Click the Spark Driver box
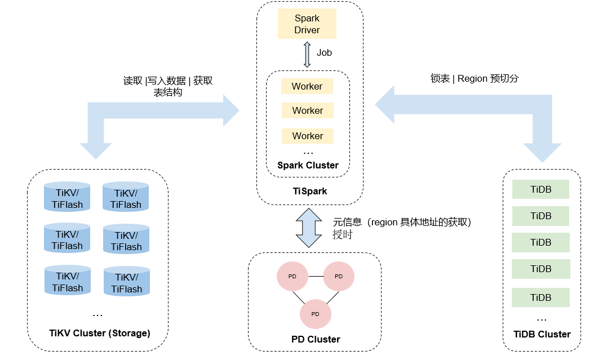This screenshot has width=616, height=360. (307, 24)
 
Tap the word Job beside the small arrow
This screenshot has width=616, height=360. (324, 53)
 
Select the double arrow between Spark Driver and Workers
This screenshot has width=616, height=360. (307, 54)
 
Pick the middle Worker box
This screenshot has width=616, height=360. (308, 110)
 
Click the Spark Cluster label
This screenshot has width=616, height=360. (308, 166)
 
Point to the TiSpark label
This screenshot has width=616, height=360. (310, 192)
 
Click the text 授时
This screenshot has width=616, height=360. (342, 235)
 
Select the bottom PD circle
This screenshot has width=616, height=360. (316, 314)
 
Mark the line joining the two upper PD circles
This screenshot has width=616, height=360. (316, 277)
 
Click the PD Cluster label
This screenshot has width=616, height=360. (316, 340)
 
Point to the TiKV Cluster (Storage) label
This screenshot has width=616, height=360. (100, 334)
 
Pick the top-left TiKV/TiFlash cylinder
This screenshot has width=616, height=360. (67, 196)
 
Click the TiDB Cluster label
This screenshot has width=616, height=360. (542, 335)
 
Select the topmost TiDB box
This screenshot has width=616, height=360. (540, 189)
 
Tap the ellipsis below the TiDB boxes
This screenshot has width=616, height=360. (542, 319)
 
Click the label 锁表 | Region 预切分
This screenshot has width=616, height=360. (474, 79)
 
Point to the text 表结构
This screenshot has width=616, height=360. (168, 92)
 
